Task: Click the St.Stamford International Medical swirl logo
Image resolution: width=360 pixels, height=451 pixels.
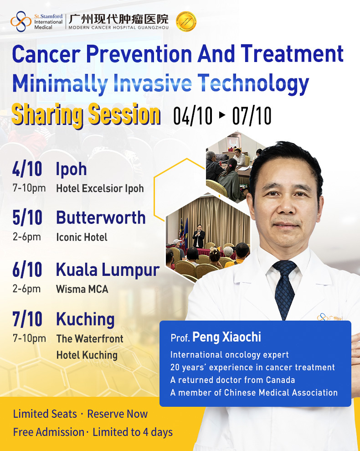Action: tap(21, 21)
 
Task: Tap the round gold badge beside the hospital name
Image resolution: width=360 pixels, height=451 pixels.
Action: tap(186, 21)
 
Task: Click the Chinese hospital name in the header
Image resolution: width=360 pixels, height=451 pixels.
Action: tap(118, 19)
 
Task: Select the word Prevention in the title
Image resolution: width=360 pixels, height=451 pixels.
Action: tap(139, 54)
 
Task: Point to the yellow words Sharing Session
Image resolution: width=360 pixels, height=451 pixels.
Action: tap(86, 115)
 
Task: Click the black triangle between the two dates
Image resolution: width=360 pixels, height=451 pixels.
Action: tap(222, 115)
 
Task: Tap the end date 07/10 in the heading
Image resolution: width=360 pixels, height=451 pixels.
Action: tap(252, 116)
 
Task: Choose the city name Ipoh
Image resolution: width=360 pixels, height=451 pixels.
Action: tap(71, 169)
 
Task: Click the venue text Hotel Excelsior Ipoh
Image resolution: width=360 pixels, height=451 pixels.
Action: tap(100, 188)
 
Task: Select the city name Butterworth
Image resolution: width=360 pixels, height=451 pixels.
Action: tap(101, 218)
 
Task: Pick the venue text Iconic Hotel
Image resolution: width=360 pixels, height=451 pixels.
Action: tap(82, 237)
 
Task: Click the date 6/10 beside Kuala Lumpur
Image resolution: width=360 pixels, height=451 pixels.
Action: tap(27, 270)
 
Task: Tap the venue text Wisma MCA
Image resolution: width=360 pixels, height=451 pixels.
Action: tap(82, 289)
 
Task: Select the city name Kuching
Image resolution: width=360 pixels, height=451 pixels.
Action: tap(85, 320)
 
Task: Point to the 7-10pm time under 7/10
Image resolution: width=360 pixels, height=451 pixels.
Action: tap(29, 338)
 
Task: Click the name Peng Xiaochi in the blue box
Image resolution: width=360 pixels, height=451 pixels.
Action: tap(226, 337)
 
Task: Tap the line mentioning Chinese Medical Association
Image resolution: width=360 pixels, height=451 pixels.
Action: tap(254, 393)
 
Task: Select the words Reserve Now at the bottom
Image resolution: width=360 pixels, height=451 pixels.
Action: tap(117, 414)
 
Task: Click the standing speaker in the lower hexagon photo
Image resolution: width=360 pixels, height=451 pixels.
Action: tap(198, 236)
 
